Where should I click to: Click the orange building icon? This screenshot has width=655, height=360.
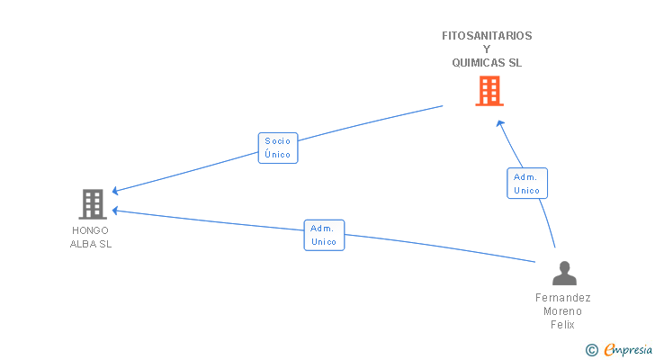click(489, 91)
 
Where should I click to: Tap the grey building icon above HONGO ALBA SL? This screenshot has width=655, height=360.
click(93, 203)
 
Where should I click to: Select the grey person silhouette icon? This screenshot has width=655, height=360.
click(564, 273)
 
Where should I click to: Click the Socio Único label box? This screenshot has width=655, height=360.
click(278, 148)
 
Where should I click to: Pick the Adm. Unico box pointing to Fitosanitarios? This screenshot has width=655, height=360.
click(527, 184)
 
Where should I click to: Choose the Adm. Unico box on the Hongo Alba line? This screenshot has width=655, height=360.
click(324, 235)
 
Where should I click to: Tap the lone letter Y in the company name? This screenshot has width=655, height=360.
click(487, 49)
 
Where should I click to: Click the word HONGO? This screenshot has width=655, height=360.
click(90, 230)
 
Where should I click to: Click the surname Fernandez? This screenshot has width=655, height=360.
click(563, 298)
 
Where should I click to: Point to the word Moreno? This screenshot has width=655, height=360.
click(562, 311)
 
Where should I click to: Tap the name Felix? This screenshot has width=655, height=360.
click(562, 325)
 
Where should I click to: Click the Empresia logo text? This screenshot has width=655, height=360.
click(628, 350)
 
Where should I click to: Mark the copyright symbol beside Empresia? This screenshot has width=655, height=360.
click(592, 350)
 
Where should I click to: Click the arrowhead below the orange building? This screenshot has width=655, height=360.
click(500, 123)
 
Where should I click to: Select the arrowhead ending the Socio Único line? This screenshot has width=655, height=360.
click(116, 191)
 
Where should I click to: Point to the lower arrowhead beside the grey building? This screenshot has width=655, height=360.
click(116, 211)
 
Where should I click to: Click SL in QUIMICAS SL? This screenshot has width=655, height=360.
click(515, 63)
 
